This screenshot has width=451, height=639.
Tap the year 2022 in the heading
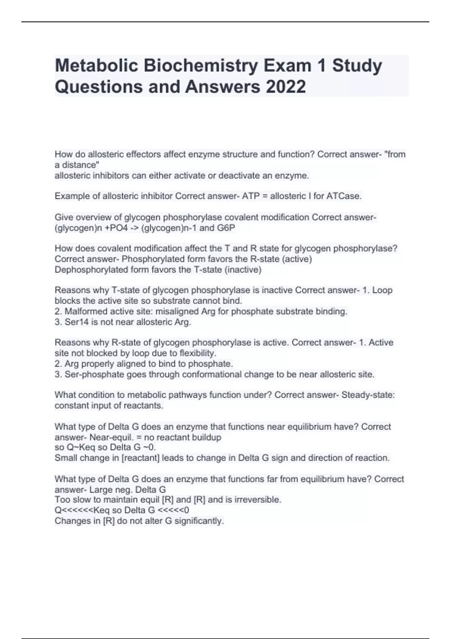pos(286,87)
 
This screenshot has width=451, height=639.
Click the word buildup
pos(206,438)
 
